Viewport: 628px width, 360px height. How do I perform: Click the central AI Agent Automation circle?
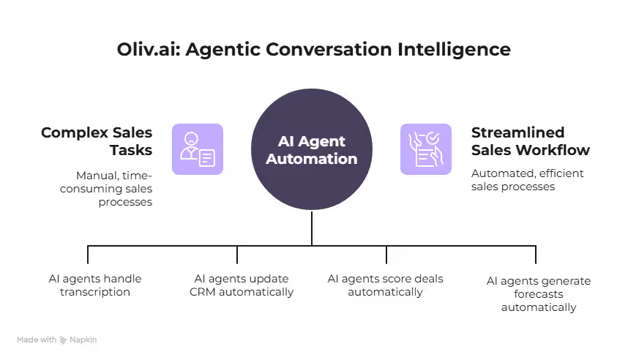(x=312, y=149)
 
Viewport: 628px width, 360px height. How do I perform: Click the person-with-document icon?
(x=198, y=149)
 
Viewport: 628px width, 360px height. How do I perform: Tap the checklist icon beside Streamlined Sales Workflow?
(x=426, y=149)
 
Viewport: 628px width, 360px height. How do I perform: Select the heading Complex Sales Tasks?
(x=97, y=141)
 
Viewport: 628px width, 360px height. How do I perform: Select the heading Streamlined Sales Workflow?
(x=530, y=141)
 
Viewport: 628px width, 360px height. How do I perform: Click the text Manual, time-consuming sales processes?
(x=114, y=188)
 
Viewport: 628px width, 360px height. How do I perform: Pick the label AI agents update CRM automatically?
(x=241, y=285)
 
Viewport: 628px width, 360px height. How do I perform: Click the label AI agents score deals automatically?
(x=385, y=285)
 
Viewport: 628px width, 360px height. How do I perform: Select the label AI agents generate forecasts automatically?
(x=538, y=294)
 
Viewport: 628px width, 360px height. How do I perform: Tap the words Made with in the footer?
(x=37, y=340)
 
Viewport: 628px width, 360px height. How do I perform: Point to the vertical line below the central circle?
(x=312, y=228)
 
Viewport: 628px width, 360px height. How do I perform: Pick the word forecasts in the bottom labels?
(x=538, y=294)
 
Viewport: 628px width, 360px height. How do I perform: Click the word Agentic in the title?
(x=220, y=50)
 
